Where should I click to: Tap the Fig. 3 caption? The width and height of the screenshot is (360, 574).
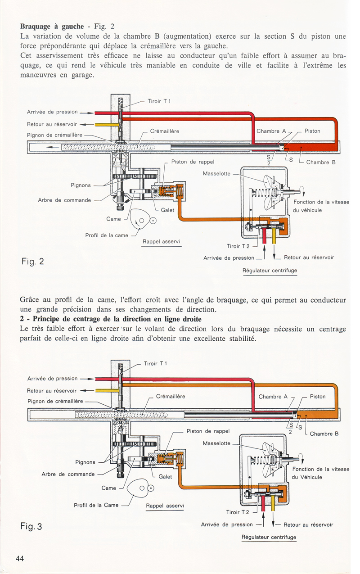tap(31, 526)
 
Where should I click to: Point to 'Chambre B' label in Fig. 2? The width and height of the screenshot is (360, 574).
tap(321, 163)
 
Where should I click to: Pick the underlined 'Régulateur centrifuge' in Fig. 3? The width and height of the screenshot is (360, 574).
tap(269, 537)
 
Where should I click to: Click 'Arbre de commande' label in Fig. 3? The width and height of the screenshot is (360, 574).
tap(68, 474)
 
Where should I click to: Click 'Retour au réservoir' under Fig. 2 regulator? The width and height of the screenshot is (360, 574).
tap(309, 258)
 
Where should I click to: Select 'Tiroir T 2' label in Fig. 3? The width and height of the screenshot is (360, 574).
tap(239, 512)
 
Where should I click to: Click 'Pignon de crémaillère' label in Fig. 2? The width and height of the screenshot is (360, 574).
tap(54, 135)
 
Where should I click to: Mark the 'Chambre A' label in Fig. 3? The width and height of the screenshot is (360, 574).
tap(273, 397)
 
